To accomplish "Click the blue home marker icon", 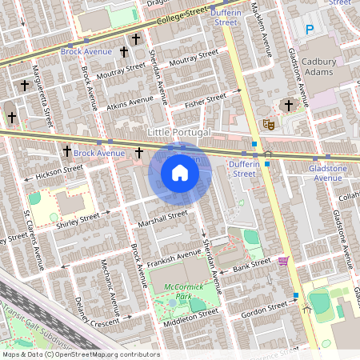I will tap(180, 173).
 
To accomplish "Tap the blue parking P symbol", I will tap(309, 30).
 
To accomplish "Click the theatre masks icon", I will tap(269, 125).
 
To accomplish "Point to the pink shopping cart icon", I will tap(283, 260).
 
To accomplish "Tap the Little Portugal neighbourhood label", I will tap(179, 131).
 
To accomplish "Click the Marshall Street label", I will tap(162, 218).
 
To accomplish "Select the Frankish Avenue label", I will tap(173, 258).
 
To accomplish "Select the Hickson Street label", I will tap(61, 171).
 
